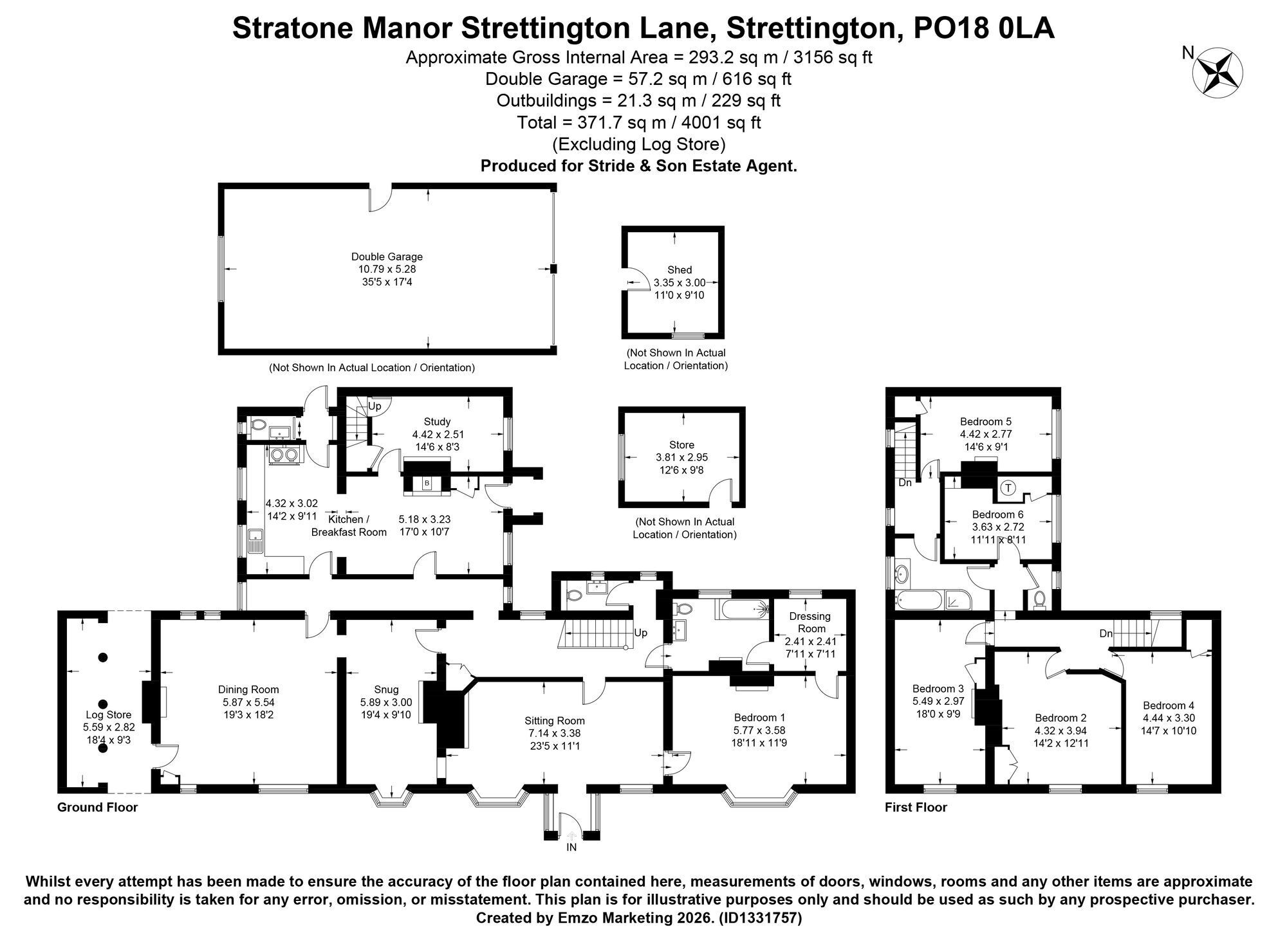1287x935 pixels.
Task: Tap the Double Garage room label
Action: click(x=387, y=257)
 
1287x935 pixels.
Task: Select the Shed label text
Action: click(x=680, y=270)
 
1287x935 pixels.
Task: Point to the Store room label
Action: click(x=681, y=445)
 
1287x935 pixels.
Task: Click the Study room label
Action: click(x=437, y=422)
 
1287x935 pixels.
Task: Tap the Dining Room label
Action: click(x=248, y=690)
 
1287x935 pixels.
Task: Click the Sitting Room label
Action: click(x=554, y=721)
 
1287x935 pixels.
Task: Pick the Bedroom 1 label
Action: click(x=759, y=718)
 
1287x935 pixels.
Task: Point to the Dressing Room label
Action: click(x=810, y=622)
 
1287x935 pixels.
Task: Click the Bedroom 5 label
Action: click(x=986, y=422)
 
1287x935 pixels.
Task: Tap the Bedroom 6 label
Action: click(x=997, y=514)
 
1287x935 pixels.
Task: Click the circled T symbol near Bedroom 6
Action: click(x=1008, y=488)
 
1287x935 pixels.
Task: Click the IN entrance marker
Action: click(x=571, y=848)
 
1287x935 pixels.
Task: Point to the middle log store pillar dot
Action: click(x=103, y=704)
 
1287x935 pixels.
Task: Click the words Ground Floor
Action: click(x=98, y=807)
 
